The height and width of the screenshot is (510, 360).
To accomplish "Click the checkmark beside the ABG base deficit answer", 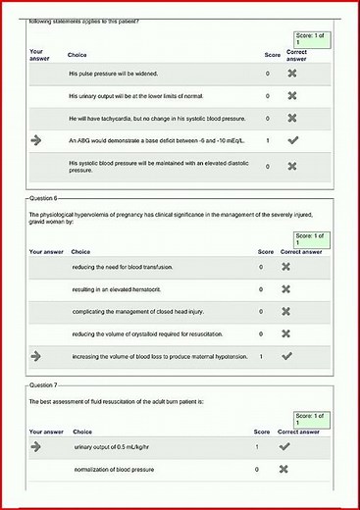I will tap(291, 141).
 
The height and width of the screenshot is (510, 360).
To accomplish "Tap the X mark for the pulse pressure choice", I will tap(291, 74).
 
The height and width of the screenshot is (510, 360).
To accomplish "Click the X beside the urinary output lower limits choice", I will tap(291, 96).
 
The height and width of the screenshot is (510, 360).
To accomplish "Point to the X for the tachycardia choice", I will tap(291, 119).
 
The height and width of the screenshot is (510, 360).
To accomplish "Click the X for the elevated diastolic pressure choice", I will tap(291, 168).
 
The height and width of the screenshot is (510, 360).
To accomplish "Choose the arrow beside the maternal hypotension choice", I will tap(37, 355).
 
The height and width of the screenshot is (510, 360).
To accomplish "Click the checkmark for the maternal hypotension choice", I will tap(286, 355).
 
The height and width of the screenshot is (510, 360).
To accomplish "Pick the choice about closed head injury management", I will tap(136, 311).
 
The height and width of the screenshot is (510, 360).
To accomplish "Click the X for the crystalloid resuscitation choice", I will tap(286, 333).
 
